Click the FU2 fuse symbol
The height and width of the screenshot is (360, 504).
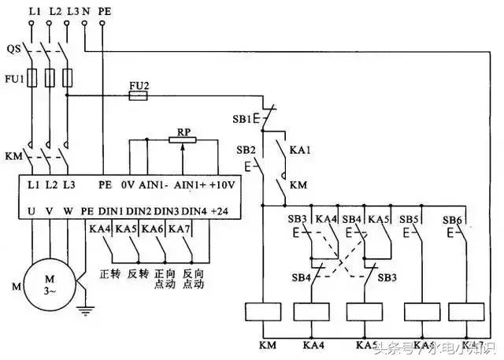click(x=138, y=95)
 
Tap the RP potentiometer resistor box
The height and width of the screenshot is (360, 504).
click(x=183, y=139)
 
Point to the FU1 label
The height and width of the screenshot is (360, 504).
click(x=13, y=78)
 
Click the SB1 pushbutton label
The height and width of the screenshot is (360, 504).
click(x=242, y=120)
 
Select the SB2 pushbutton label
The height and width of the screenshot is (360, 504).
click(x=246, y=149)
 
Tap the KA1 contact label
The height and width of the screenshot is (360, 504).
click(x=300, y=147)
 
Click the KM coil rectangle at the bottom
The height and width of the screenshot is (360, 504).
click(x=260, y=312)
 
